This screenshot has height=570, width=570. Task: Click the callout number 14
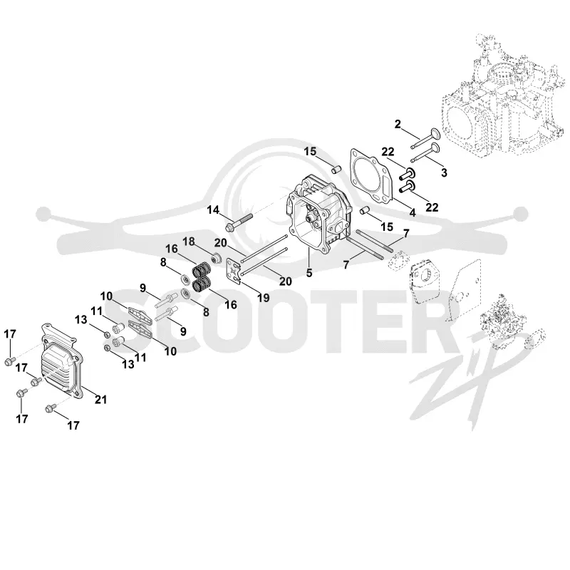pos(213,209)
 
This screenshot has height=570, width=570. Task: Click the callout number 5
pos(309,273)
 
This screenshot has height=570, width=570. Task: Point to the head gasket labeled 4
pos(371,175)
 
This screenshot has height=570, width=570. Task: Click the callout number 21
pos(100,400)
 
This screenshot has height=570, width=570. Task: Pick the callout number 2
pos(398,124)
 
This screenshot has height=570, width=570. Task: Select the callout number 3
pos(444,172)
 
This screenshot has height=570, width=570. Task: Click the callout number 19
pos(263,298)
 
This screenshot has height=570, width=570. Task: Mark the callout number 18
pos(188,242)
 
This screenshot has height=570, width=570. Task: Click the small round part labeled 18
pos(217,259)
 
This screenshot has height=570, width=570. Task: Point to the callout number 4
pos(413,212)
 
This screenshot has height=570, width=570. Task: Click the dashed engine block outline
pos(504,96)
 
